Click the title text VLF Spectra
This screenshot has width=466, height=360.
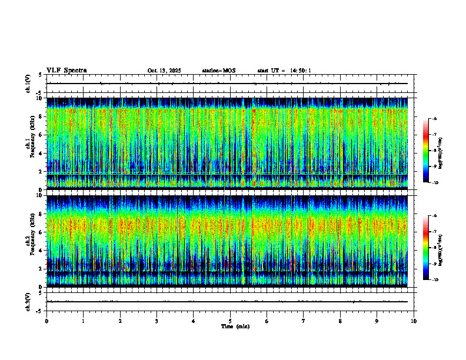66,70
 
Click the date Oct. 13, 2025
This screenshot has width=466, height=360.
164,71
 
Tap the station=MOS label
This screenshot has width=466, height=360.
218,71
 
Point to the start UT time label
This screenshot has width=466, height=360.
284,71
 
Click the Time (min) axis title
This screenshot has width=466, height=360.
235,326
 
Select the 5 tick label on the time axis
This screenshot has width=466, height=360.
230,321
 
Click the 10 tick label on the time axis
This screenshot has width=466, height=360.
414,321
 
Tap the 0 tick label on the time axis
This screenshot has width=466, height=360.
46,321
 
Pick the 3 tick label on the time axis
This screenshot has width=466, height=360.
157,321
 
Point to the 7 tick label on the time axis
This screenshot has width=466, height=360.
304,321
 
